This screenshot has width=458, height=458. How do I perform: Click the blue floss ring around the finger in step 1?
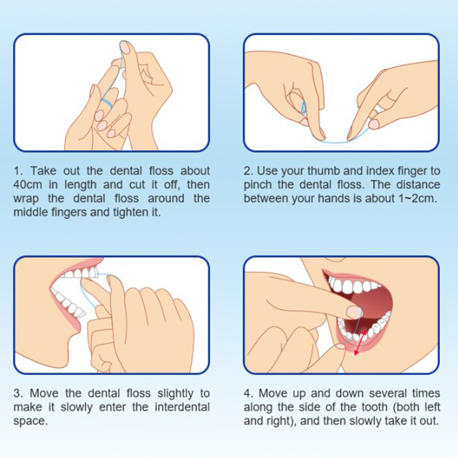[x=107, y=102]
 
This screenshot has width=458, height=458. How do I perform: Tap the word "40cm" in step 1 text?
[x=28, y=185]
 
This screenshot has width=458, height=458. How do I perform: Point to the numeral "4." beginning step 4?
[x=249, y=393]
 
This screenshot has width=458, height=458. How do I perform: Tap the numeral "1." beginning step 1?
[x=18, y=171]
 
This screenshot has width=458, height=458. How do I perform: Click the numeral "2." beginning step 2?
[x=249, y=171]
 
